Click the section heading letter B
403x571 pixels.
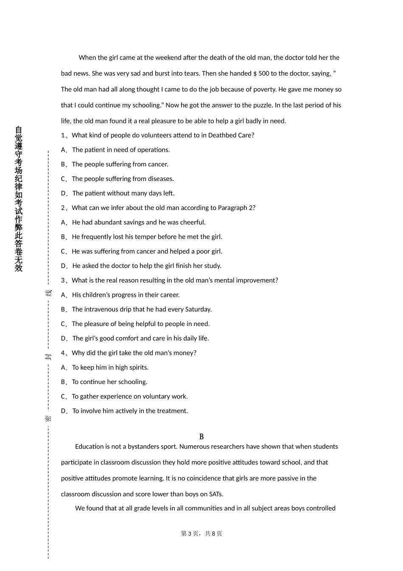tap(201, 437)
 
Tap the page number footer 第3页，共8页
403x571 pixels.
tap(201, 534)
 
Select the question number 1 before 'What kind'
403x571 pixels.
tap(63, 136)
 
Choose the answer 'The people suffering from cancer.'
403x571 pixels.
tap(120, 164)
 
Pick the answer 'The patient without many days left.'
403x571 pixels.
tap(123, 193)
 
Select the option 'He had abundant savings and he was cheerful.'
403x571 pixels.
tap(139, 222)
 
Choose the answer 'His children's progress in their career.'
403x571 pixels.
tap(126, 295)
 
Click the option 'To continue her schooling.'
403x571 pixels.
tap(109, 382)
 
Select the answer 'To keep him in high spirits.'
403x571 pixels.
tap(110, 367)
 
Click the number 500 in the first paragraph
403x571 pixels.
tap(263, 73)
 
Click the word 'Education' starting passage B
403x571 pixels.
tap(89, 447)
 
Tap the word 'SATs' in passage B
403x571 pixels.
tap(215, 494)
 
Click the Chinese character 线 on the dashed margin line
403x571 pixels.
tap(48, 293)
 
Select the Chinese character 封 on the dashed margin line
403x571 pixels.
tap(48, 357)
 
